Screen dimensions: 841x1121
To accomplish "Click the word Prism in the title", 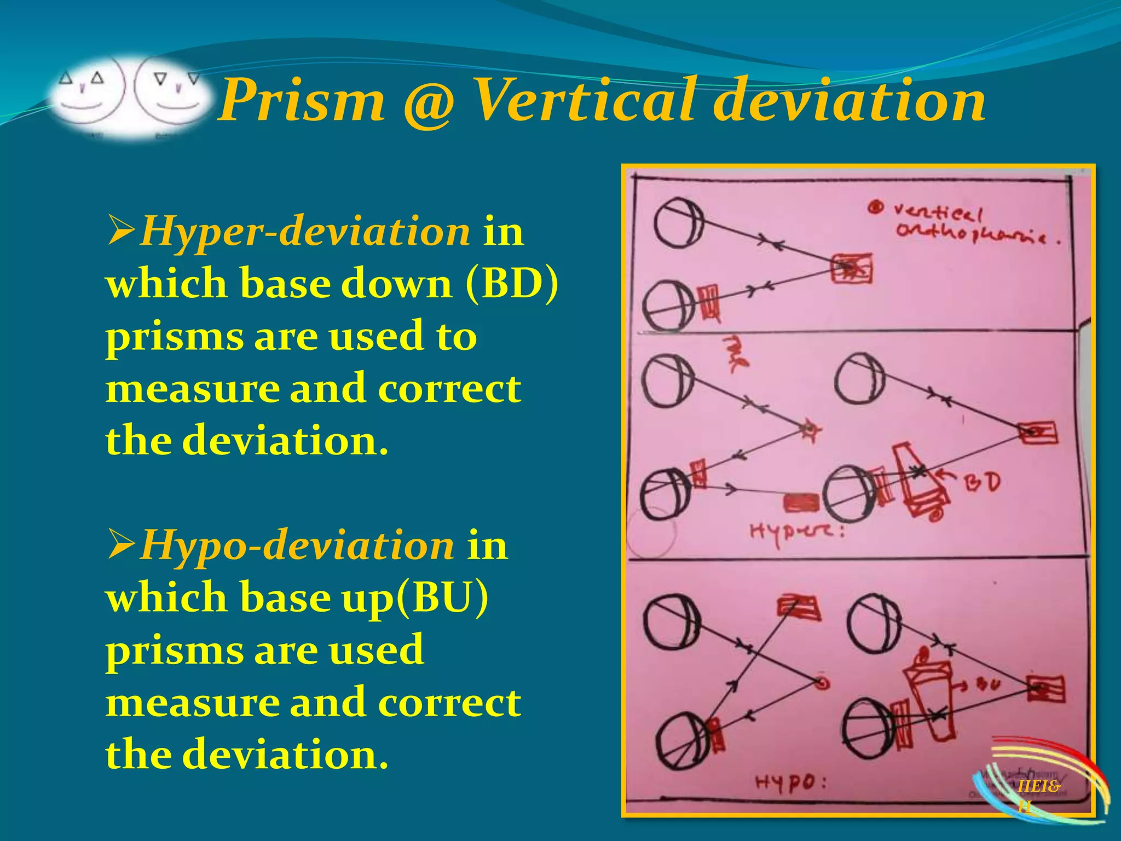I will pyautogui.click(x=302, y=102).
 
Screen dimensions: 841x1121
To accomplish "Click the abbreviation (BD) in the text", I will pyautogui.click(x=512, y=284).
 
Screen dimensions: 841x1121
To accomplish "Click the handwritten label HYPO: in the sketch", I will pyautogui.click(x=790, y=784).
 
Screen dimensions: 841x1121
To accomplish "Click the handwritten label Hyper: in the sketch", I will pyautogui.click(x=796, y=531).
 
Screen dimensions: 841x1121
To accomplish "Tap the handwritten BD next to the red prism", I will pyautogui.click(x=982, y=482).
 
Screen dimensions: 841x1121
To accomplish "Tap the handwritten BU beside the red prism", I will pyautogui.click(x=987, y=684).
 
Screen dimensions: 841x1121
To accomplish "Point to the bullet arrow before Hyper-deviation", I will pyautogui.click(x=121, y=231).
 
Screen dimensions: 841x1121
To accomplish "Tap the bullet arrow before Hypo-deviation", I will pyautogui.click(x=121, y=545).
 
